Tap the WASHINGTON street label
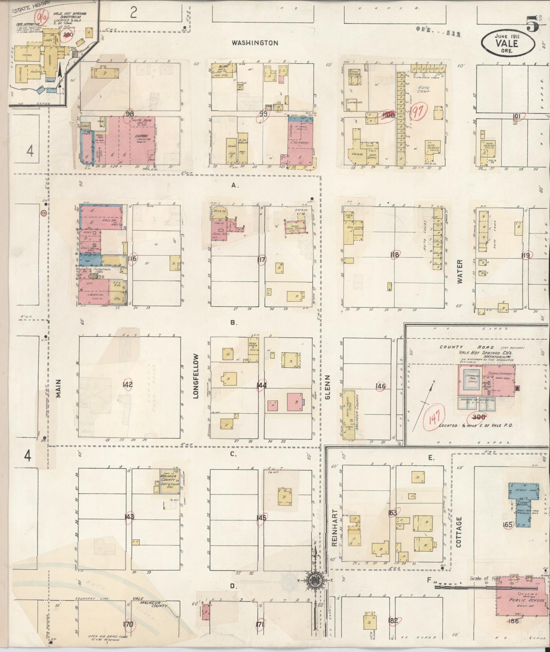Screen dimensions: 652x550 point(255,43)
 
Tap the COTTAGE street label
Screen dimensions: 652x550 point(459,536)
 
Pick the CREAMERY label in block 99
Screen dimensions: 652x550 point(299,143)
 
